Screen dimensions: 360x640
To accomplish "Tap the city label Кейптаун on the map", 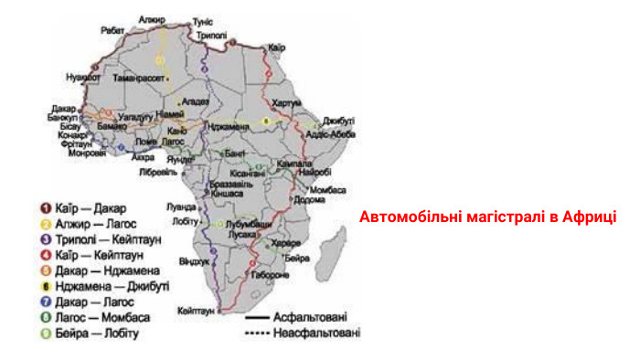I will coord(197,311).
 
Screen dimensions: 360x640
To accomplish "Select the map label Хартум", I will coord(286,102).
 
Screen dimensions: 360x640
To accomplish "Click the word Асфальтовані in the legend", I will coord(310,317).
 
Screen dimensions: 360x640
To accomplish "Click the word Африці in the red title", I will coord(591,217).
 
